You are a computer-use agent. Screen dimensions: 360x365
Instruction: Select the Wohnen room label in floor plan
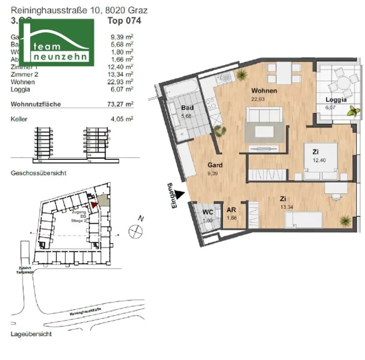[x=264, y=90]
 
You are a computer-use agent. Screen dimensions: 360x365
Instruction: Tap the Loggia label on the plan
[x=336, y=100]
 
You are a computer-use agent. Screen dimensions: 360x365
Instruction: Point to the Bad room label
[x=187, y=108]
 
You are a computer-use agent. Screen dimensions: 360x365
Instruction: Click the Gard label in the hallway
[x=215, y=165]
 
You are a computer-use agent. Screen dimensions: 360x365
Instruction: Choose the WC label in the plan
[x=208, y=212]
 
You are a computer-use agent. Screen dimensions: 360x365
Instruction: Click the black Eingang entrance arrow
[x=181, y=194]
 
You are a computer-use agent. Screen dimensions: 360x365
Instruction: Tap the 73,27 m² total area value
[x=122, y=104]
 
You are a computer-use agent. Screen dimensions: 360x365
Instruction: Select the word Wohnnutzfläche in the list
[x=36, y=104]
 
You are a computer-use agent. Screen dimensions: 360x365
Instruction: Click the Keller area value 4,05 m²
[x=122, y=119]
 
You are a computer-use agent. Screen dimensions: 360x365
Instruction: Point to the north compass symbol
[x=135, y=231]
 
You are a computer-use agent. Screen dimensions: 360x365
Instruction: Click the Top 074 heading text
[x=124, y=21]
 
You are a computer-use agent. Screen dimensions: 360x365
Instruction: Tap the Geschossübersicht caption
[x=38, y=173]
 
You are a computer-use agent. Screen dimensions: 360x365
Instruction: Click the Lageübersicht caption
[x=31, y=334]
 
